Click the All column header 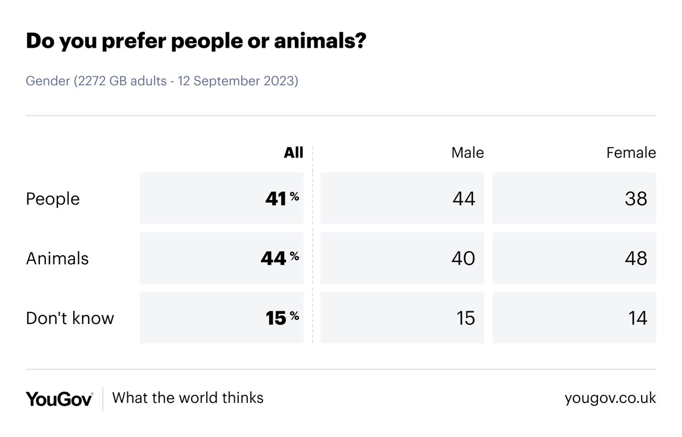click(x=293, y=153)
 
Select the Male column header click(x=467, y=153)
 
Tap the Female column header click(x=631, y=153)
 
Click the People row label click(x=53, y=199)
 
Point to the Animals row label click(x=57, y=259)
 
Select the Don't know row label click(x=70, y=318)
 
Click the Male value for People click(x=464, y=199)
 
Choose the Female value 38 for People click(x=635, y=199)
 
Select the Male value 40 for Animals click(x=464, y=259)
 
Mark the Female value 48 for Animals click(x=635, y=259)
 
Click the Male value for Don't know click(x=465, y=318)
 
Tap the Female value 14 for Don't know click(x=637, y=318)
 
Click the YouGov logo click(x=59, y=398)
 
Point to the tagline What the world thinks click(x=188, y=397)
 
